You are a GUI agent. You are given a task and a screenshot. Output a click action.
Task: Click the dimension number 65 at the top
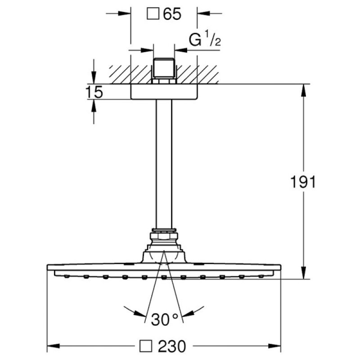coord(172,14)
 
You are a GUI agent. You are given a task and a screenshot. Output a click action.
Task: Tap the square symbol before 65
coord(153,14)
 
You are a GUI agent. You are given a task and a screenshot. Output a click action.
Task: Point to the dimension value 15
coord(94,92)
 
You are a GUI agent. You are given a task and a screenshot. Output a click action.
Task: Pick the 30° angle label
coord(164,319)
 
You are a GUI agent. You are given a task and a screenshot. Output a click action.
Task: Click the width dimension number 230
coord(171,346)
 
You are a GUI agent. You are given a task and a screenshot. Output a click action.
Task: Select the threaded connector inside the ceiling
coord(164,70)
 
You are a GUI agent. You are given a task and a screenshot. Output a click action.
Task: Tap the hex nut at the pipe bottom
coord(164,234)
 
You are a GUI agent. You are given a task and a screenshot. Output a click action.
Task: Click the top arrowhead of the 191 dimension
coord(305,88)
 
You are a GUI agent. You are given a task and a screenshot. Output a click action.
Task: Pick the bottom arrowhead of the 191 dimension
coord(305,275)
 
